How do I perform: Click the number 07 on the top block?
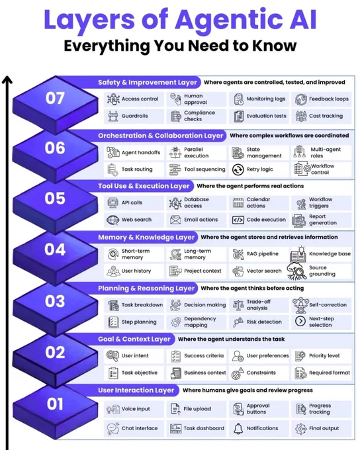coord(55,98)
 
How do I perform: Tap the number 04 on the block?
coord(55,249)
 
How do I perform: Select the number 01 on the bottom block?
coord(55,404)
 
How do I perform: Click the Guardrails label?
coord(134,116)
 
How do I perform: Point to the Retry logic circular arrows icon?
coord(238,169)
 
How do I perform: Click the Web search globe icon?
coord(112,220)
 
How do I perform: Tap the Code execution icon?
coord(238,220)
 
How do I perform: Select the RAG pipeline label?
coord(263,253)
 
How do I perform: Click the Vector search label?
coord(264,271)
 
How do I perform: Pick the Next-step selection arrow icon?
coord(300,321)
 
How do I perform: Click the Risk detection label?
coord(264,322)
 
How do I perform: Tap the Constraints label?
coord(261,373)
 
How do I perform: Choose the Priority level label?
coord(324,355)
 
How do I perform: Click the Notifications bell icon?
coord(238,428)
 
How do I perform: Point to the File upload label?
coord(197,409)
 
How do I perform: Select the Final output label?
coord(324,428)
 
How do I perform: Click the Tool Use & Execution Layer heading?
coord(144,186)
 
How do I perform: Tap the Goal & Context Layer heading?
coord(134,339)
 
